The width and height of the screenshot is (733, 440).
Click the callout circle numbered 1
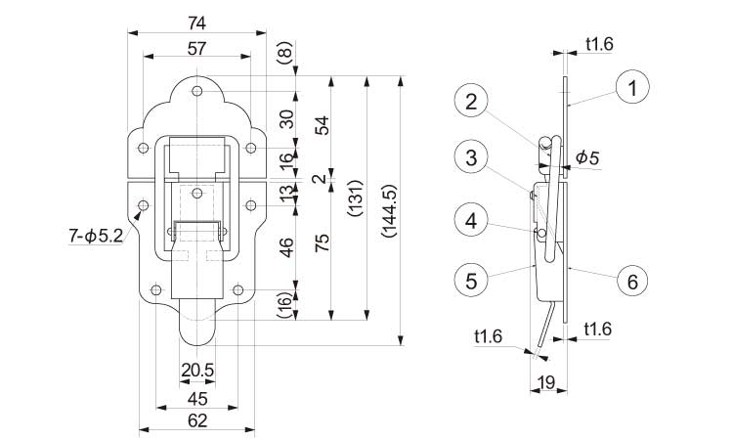click(x=632, y=89)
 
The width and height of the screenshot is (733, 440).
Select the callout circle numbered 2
click(x=471, y=101)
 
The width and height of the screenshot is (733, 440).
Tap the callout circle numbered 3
click(x=471, y=156)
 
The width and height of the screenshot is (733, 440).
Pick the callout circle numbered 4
click(x=471, y=221)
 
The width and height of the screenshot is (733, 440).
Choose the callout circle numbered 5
click(x=471, y=282)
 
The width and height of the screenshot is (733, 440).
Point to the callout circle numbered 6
click(x=632, y=282)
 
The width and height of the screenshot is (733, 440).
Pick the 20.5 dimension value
click(x=196, y=372)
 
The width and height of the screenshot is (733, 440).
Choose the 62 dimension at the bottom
click(x=196, y=419)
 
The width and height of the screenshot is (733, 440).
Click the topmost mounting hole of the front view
click(x=196, y=90)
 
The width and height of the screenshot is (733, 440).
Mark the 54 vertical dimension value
click(x=322, y=125)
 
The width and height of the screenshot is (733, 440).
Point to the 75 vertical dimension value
click(x=322, y=244)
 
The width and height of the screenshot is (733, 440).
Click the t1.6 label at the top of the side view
click(x=599, y=43)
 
